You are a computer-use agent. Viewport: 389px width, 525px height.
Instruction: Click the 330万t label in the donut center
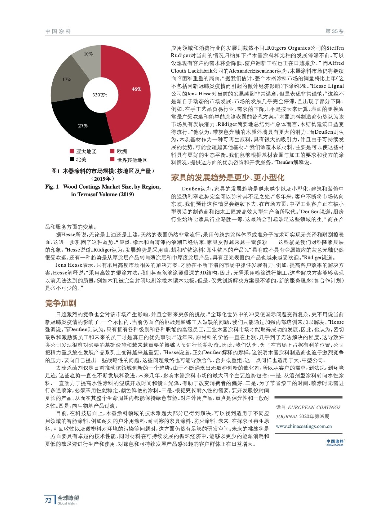click(x=99, y=95)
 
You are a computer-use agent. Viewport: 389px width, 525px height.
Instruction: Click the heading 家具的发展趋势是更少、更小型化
click(x=227, y=178)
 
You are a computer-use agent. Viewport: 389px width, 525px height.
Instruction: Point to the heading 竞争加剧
click(x=61, y=303)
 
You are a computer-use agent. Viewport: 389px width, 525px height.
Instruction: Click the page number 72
click(x=48, y=500)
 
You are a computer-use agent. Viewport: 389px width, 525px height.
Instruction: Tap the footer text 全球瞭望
click(x=68, y=498)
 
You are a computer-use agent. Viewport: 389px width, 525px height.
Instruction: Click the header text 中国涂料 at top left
click(x=58, y=31)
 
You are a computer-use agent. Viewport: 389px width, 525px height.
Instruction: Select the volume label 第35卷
click(x=334, y=31)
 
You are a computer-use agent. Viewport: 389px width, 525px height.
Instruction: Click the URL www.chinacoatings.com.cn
click(x=303, y=426)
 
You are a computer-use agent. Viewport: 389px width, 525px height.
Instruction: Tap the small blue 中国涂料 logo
click(x=335, y=442)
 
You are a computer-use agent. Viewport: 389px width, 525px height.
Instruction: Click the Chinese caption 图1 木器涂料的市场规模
click(x=103, y=171)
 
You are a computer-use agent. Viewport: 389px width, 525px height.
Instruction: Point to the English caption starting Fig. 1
click(x=103, y=190)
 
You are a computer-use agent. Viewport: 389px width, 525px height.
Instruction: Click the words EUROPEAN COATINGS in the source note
click(x=314, y=407)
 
